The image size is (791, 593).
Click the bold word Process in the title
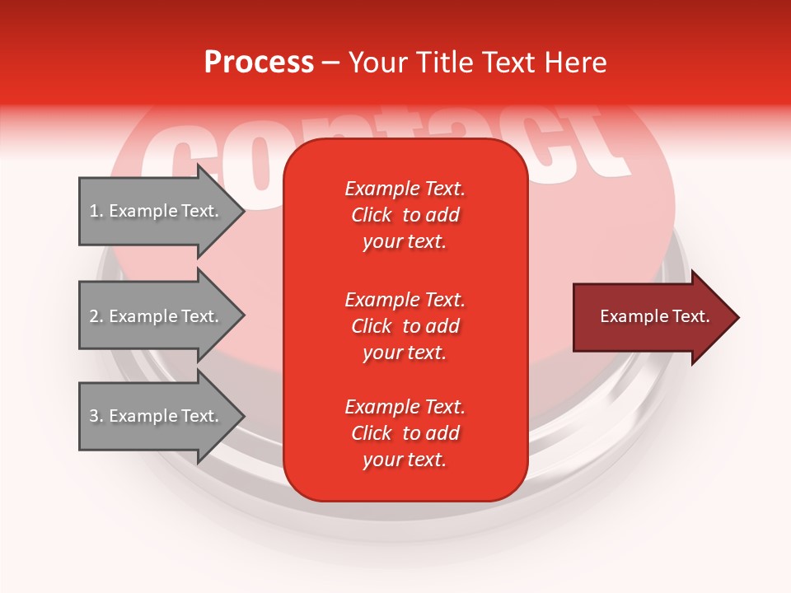click(259, 63)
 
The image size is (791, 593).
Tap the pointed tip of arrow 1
click(242, 212)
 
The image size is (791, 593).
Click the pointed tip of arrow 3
click(242, 417)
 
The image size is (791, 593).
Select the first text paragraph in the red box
click(405, 215)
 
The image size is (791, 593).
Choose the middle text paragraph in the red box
click(405, 326)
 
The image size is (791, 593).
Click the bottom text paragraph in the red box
click(405, 433)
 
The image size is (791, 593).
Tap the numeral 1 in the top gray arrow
click(93, 211)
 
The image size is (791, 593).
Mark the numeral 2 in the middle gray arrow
click(94, 316)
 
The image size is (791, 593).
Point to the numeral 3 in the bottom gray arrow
click(94, 417)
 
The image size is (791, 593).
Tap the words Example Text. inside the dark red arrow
click(655, 316)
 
